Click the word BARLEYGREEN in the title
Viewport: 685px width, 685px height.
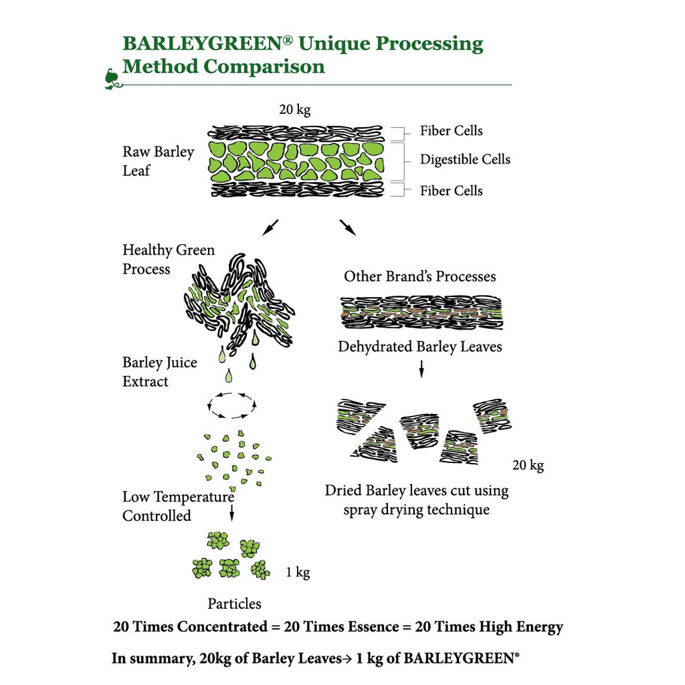click(x=203, y=44)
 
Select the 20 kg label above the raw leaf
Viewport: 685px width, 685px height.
click(x=295, y=110)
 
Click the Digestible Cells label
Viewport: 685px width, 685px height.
click(x=465, y=160)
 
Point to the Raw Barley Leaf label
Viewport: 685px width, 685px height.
click(x=158, y=161)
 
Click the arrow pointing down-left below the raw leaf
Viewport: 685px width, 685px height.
click(x=270, y=227)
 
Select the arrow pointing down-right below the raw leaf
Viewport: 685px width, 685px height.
click(x=348, y=227)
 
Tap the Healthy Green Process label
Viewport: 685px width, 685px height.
click(x=169, y=260)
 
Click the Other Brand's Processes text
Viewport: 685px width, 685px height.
click(x=420, y=276)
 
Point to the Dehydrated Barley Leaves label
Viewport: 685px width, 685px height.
click(x=420, y=347)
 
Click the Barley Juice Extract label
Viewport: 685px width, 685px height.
click(x=160, y=372)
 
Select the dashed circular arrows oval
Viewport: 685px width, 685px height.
click(x=232, y=405)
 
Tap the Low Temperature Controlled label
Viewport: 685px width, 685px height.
click(x=178, y=506)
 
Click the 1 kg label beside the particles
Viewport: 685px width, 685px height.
click(x=298, y=573)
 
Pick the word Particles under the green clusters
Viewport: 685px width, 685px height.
click(x=234, y=604)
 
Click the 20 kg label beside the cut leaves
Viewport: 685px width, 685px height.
click(x=528, y=465)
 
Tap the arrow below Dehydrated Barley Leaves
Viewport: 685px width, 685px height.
click(x=421, y=369)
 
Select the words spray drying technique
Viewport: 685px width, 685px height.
click(x=417, y=510)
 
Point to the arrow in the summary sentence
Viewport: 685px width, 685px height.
click(x=348, y=658)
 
